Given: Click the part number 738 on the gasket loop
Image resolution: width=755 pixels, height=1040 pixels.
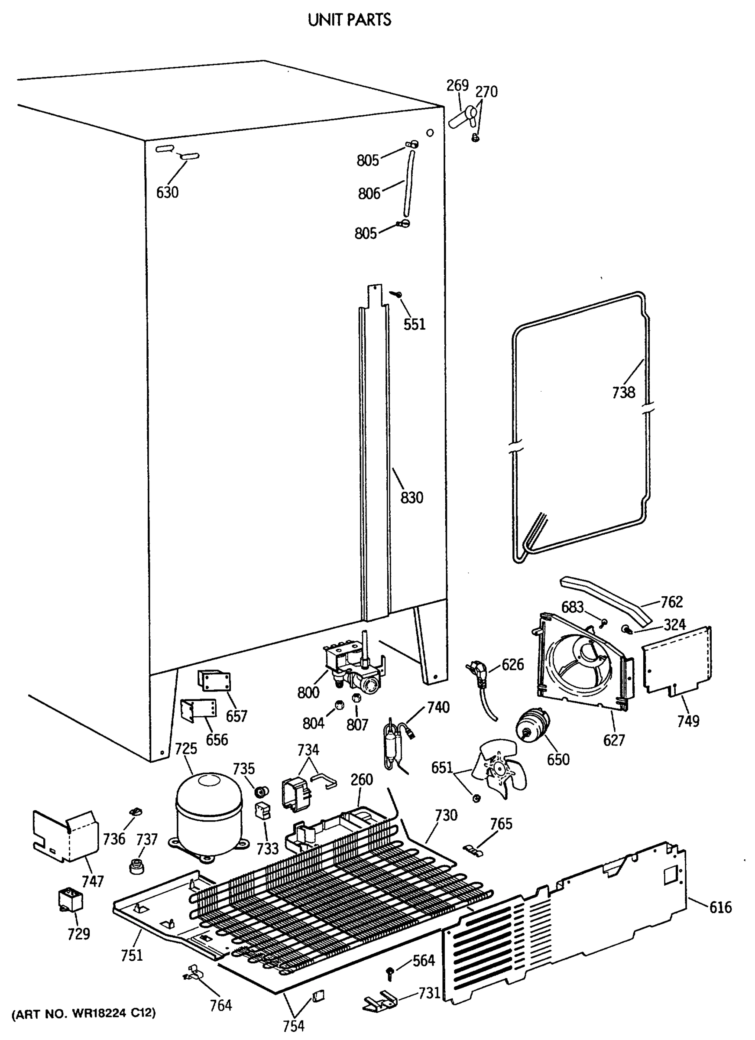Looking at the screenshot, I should click(x=623, y=392).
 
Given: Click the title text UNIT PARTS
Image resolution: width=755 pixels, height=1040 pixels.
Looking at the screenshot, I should click(x=349, y=20).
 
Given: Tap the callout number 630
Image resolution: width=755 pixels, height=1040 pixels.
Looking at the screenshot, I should click(x=167, y=192).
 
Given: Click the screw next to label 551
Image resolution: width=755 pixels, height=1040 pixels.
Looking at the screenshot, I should click(x=395, y=294).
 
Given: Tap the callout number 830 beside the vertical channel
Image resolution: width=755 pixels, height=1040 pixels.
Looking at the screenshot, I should click(x=412, y=497).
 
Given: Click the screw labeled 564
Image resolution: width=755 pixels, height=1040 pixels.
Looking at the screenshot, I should click(x=390, y=972).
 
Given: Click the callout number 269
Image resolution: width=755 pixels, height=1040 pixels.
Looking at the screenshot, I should click(x=457, y=86).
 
